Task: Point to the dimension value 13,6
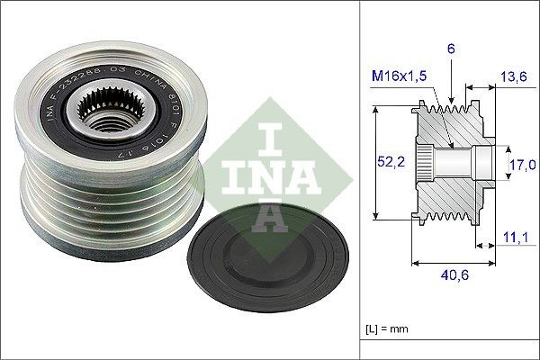point(515,77)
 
